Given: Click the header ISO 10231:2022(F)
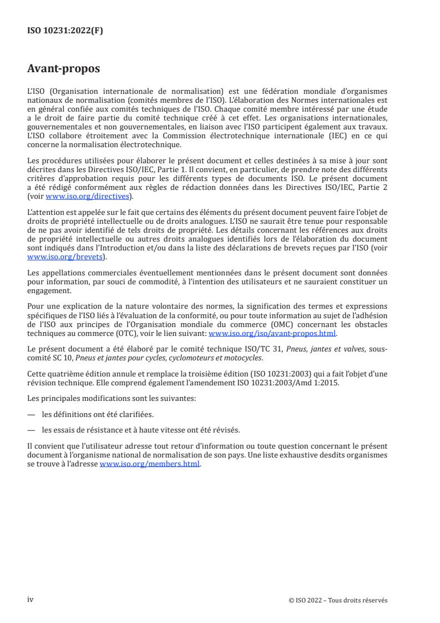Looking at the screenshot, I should click(x=65, y=31).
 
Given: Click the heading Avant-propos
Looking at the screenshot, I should click(x=64, y=69).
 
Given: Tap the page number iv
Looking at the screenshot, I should click(x=31, y=599).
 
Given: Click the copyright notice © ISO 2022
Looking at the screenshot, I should click(x=338, y=600).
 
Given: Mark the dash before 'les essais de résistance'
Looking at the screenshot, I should click(x=32, y=429).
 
